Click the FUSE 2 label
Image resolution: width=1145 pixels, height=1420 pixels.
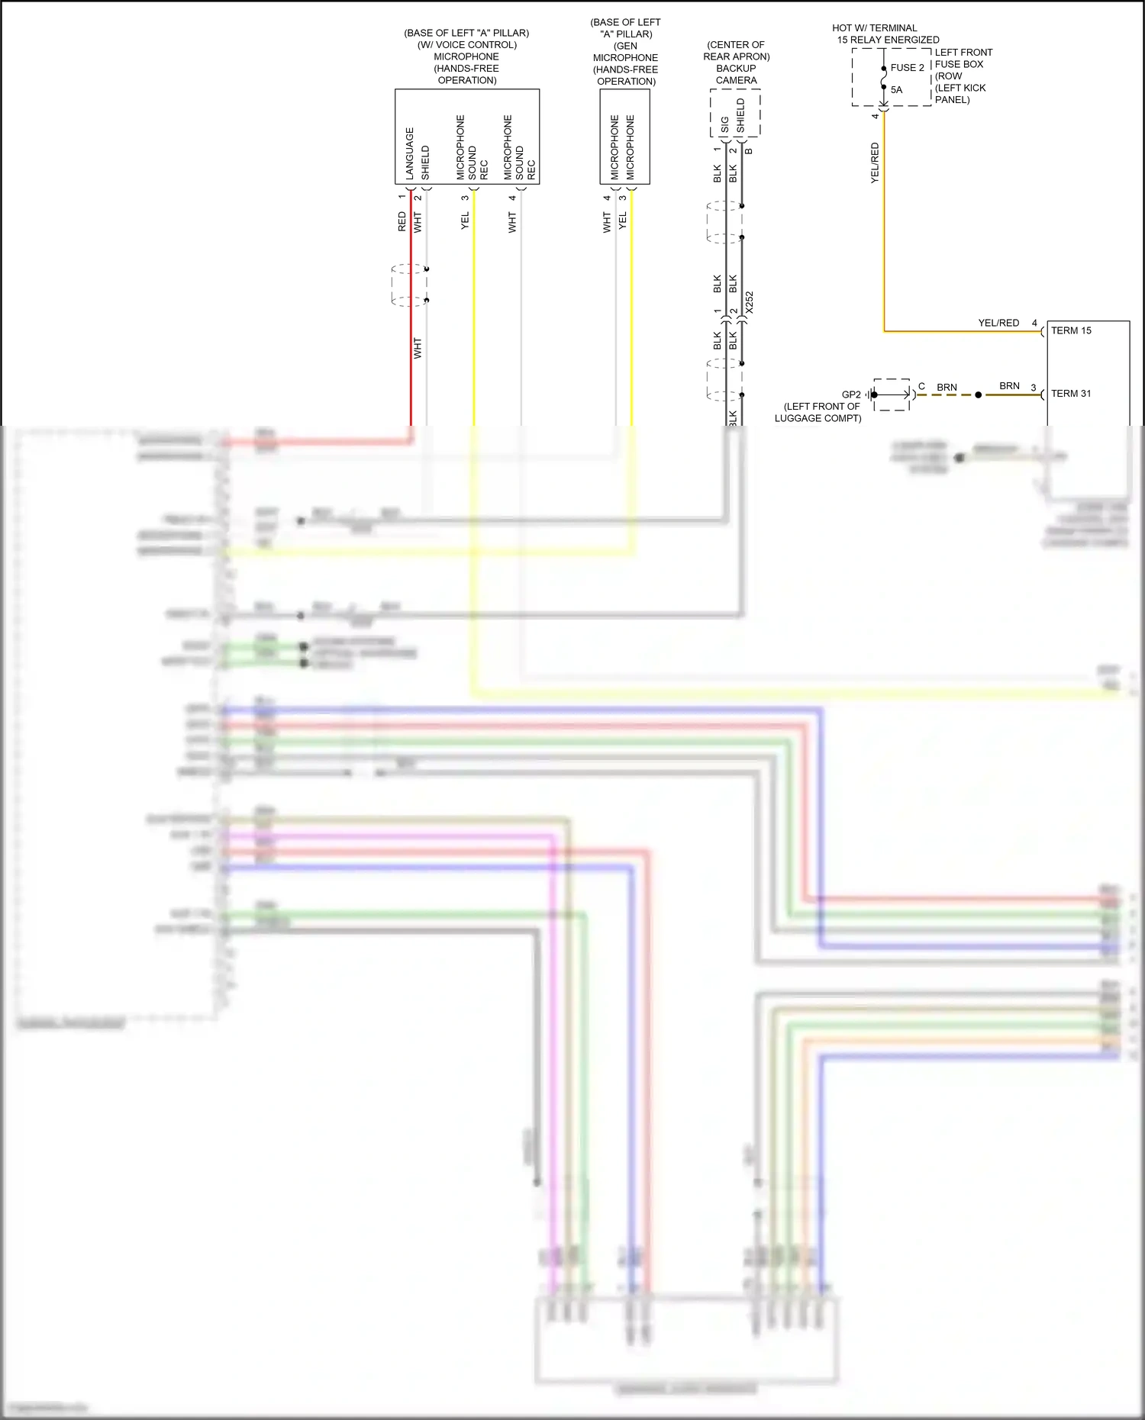click(907, 68)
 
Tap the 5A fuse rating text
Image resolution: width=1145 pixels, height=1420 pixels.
click(896, 90)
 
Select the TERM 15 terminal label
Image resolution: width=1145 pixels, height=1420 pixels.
click(1071, 330)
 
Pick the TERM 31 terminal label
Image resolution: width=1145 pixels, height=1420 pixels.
click(1071, 394)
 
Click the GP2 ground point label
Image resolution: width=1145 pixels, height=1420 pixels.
click(851, 394)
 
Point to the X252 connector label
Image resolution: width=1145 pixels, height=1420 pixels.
click(750, 302)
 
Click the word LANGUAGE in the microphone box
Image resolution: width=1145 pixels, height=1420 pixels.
click(410, 153)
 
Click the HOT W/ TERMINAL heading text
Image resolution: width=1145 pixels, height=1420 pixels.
click(875, 28)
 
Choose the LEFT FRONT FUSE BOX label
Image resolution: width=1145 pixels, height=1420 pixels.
click(963, 58)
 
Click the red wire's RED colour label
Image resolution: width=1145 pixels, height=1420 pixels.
click(402, 222)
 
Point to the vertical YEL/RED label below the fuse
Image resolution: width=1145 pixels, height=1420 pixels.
click(875, 163)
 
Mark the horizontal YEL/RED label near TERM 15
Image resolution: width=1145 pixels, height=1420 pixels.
click(998, 323)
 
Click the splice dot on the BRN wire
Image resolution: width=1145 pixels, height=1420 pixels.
click(979, 395)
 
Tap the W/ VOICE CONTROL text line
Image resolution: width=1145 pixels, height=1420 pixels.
click(466, 45)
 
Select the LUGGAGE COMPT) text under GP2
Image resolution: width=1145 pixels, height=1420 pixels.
click(818, 418)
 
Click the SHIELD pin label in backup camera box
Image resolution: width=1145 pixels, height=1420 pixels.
click(740, 116)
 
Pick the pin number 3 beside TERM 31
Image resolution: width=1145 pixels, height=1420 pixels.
click(1034, 388)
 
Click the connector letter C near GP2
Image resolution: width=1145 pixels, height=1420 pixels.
click(921, 386)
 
